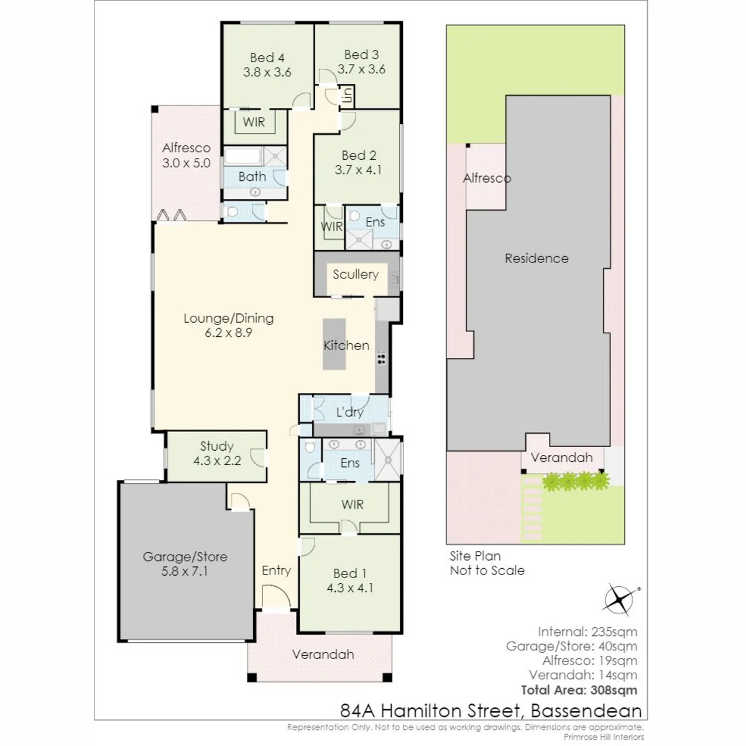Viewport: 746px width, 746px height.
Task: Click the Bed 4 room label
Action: point(267,58)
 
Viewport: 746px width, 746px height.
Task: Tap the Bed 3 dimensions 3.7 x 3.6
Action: point(361,69)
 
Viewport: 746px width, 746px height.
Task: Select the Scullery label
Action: point(356,274)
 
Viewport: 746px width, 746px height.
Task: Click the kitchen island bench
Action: point(334,344)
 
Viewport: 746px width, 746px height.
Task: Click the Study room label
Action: point(217,446)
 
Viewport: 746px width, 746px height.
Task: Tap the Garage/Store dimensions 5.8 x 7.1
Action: point(185,571)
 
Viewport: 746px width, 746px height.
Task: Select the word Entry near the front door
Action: point(276,570)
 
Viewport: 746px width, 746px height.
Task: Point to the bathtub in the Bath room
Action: point(243,157)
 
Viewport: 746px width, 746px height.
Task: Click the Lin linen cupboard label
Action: point(348,95)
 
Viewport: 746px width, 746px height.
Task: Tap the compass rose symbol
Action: point(620,600)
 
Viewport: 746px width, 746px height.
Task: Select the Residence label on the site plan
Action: point(536,258)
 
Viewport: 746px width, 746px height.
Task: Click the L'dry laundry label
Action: point(349,412)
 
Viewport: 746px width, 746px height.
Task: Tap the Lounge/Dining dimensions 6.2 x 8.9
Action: point(228,333)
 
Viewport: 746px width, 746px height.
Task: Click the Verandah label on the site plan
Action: point(561,458)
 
